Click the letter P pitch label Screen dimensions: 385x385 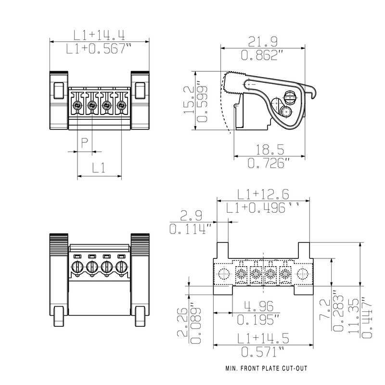coord(84,142)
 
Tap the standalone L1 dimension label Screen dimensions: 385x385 coord(99,168)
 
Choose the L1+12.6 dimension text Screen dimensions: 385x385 coord(263,194)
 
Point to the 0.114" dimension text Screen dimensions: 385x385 coord(191,229)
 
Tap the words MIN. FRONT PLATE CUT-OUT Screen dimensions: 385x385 coord(266,370)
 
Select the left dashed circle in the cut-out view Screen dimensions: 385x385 coord(223,275)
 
